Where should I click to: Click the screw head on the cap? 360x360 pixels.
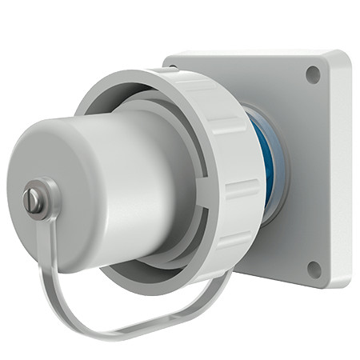tap(34, 200)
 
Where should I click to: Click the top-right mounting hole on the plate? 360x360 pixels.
tap(313, 74)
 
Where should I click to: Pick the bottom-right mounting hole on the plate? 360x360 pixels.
tap(314, 269)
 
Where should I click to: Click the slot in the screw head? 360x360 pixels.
tap(33, 201)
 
